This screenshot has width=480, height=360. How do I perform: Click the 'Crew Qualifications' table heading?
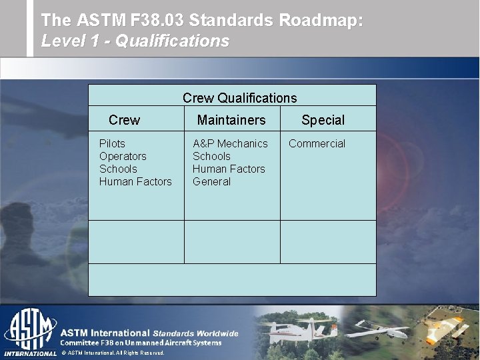[x=239, y=98]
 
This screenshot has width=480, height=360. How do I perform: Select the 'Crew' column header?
[x=124, y=120]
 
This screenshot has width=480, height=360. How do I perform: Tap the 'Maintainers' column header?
[x=231, y=120]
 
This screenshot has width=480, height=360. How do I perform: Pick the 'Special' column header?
[x=323, y=120]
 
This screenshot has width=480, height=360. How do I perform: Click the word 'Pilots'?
[x=112, y=143]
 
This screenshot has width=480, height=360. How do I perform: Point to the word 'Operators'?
[x=123, y=156]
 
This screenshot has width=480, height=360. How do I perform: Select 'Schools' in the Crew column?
[x=118, y=169]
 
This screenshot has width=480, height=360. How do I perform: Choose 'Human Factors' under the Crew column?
[x=135, y=181]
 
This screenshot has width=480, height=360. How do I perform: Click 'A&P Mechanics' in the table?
[x=230, y=143]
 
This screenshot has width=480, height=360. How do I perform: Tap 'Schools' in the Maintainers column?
[x=211, y=156]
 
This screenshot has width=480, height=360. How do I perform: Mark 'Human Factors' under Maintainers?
[x=229, y=169]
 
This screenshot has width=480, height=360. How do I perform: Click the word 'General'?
[x=211, y=181]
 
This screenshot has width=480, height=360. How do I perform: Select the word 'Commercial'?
[x=317, y=143]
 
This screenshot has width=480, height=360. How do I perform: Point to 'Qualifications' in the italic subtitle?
[x=172, y=41]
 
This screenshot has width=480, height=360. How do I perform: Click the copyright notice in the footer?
[x=112, y=353]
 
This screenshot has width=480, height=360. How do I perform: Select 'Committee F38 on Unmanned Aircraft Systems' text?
[x=141, y=343]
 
